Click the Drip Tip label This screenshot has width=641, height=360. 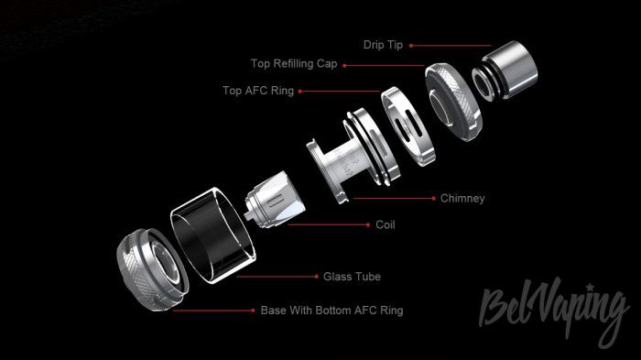tap(383, 45)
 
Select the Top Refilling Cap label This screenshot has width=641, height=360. tap(294, 64)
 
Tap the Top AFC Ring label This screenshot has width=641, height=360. tap(258, 91)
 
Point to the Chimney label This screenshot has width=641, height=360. tap(462, 199)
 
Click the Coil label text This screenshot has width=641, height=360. tap(386, 224)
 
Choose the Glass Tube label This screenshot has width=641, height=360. tap(352, 277)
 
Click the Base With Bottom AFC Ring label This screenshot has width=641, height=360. tap(331, 311)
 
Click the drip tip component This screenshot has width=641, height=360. tap(505, 70)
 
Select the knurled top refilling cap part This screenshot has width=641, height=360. tap(453, 103)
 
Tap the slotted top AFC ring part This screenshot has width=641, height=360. tap(407, 126)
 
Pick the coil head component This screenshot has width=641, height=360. tap(275, 200)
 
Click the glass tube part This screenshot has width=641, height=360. tap(213, 235)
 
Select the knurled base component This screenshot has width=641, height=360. tap(152, 269)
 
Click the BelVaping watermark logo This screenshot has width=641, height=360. tap(554, 311)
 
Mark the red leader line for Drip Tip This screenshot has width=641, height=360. tap(451, 46)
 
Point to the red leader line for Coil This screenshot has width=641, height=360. tap(329, 224)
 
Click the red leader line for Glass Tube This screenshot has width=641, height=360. tap(277, 277)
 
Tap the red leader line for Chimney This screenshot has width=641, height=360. tap(394, 199)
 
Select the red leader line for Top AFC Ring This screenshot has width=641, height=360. tap(340, 92)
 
